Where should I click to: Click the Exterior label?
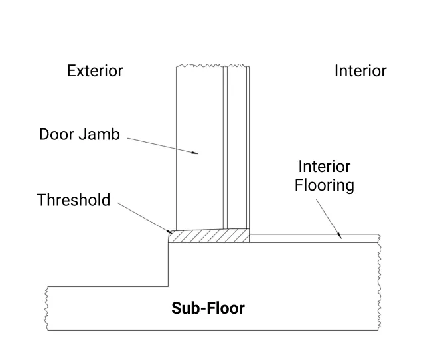point(95,71)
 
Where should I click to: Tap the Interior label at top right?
point(360,71)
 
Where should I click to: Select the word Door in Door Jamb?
point(57,134)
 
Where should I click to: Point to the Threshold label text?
point(74,200)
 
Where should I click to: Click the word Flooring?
point(325,185)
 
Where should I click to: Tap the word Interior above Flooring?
point(325,166)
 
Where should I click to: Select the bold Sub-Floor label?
point(208,308)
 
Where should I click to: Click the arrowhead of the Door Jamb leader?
point(196,153)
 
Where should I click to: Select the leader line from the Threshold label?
point(143,217)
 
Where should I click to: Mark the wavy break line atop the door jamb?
point(212,66)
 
